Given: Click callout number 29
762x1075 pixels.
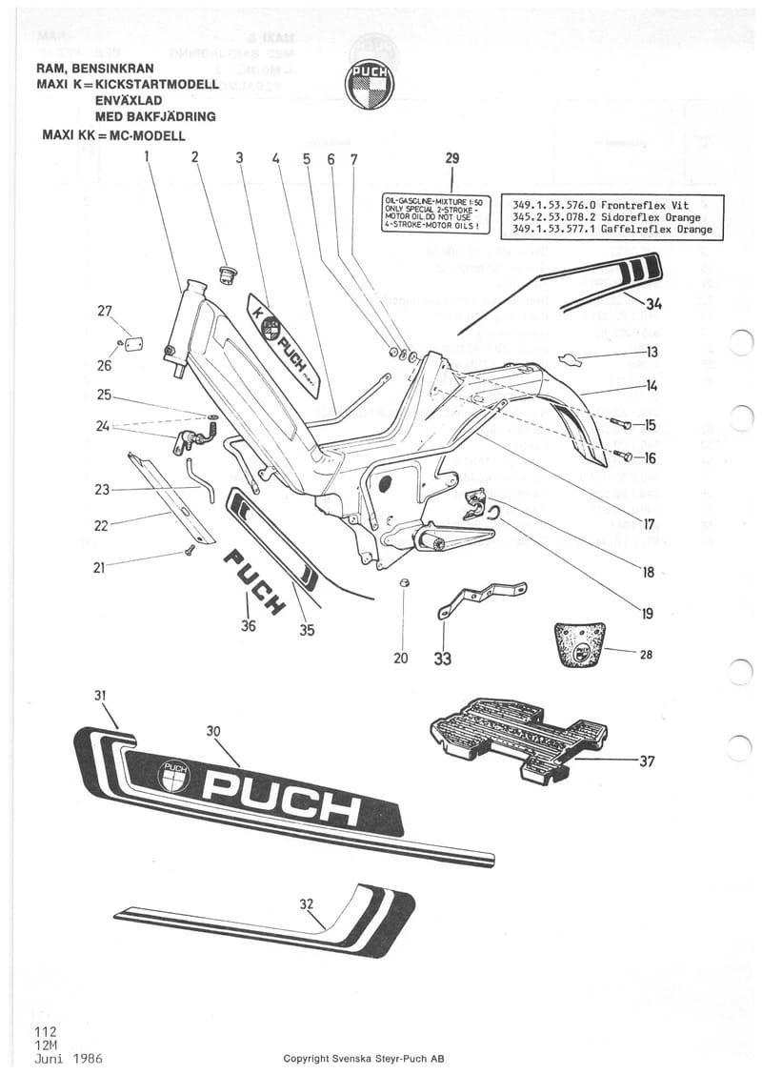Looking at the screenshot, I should click(451, 159).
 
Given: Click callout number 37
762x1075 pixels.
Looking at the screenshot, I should click(648, 761).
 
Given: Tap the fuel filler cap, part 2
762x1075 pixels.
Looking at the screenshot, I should click(228, 276).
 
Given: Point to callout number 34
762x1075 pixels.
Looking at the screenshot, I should click(652, 305).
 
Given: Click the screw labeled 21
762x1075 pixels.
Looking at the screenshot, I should click(189, 551).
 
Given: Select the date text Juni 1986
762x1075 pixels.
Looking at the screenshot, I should click(68, 1059).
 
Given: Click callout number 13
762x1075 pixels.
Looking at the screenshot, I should click(652, 352).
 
